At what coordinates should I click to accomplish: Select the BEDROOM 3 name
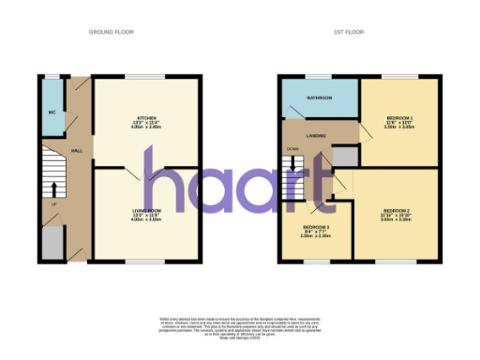[315, 228]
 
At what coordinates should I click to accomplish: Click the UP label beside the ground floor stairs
[54, 202]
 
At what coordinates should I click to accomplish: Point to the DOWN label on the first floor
[292, 148]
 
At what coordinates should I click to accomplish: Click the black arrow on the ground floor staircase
[53, 187]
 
